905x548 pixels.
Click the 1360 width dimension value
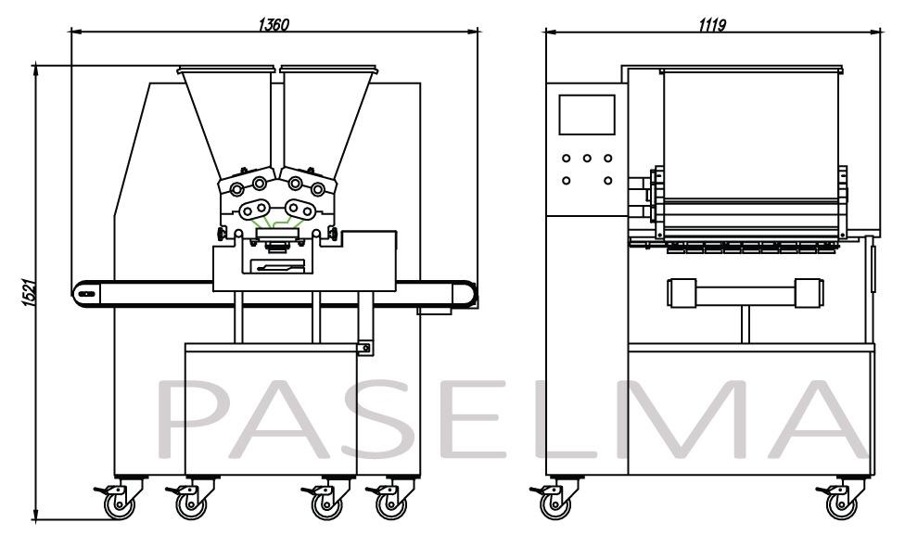pos(274,24)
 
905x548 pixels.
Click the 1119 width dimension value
pos(712,24)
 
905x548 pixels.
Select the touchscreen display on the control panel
pos(586,114)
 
